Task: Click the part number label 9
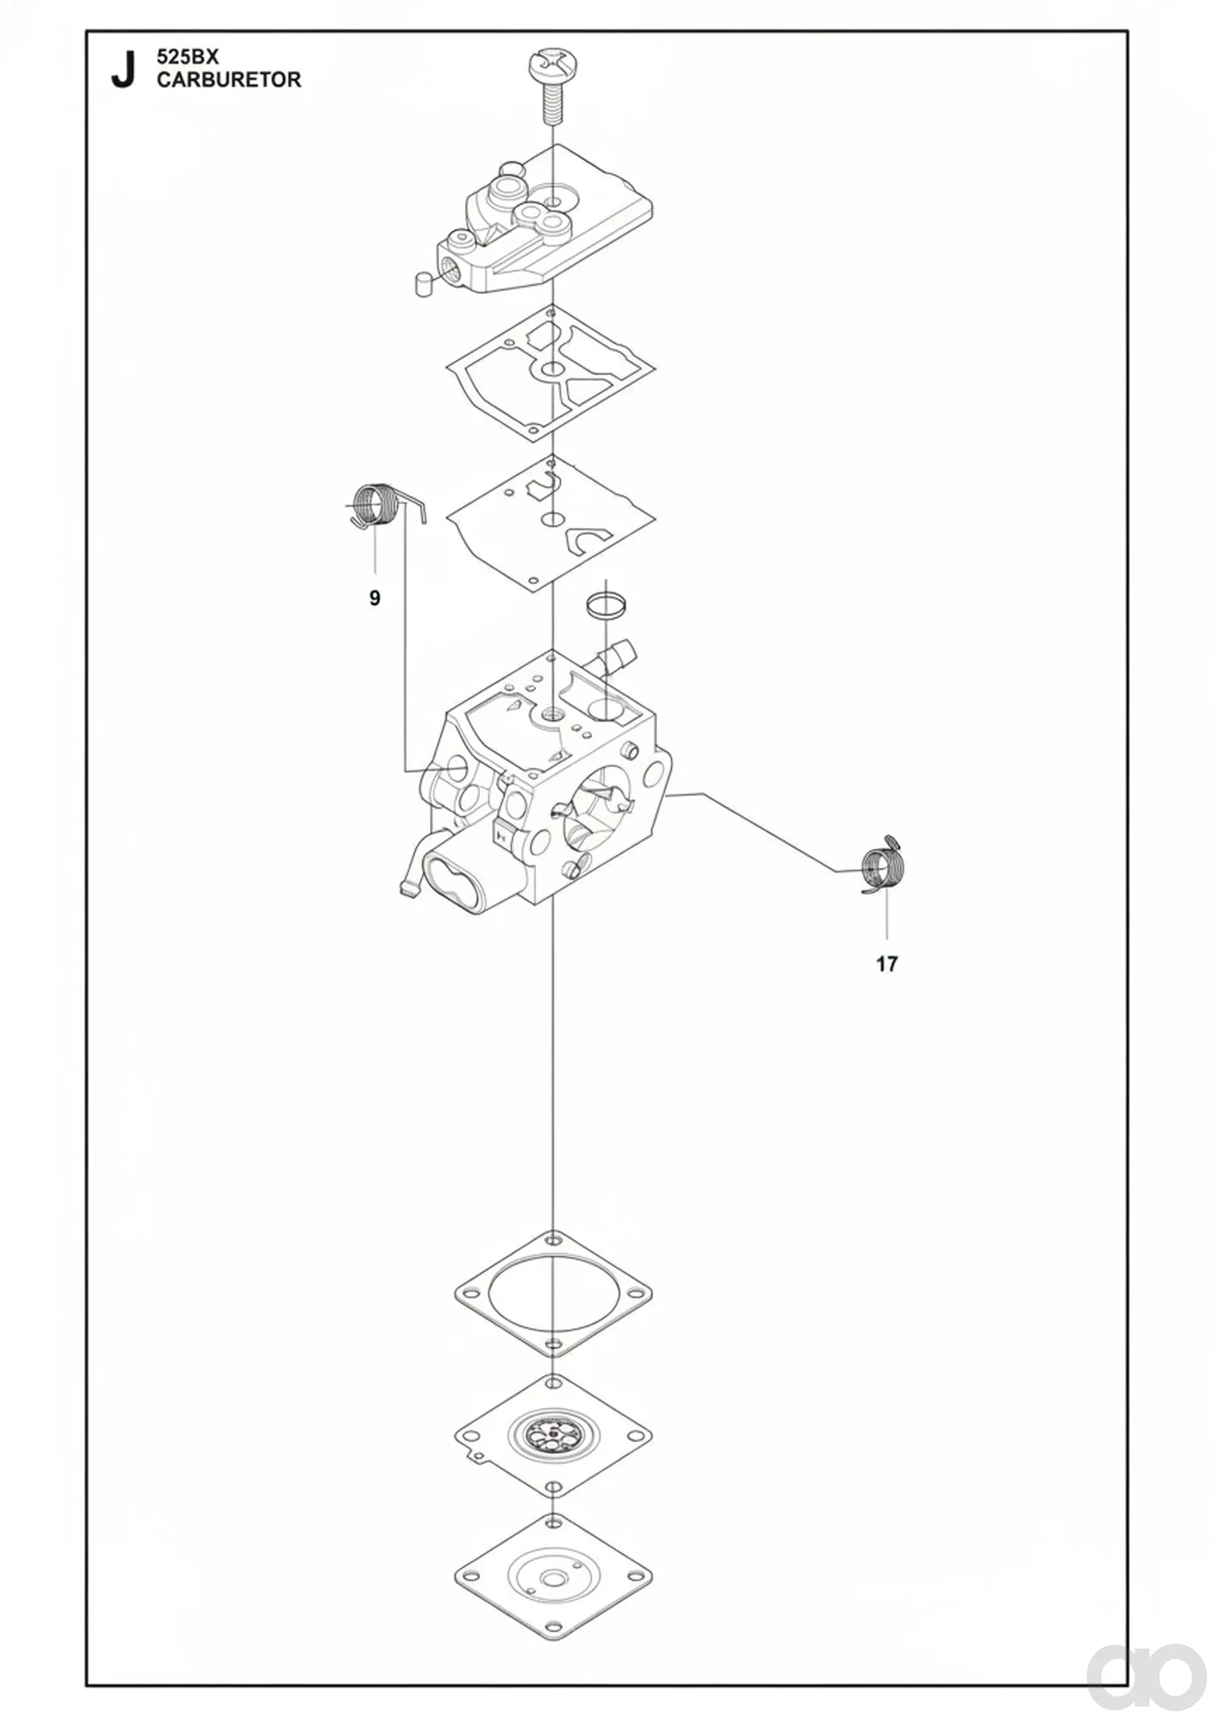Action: coord(375,598)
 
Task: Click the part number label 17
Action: coord(887,964)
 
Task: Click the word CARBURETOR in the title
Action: coord(229,80)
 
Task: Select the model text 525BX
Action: coord(189,57)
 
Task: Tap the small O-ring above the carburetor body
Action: coord(606,604)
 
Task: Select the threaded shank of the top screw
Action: coord(552,101)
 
